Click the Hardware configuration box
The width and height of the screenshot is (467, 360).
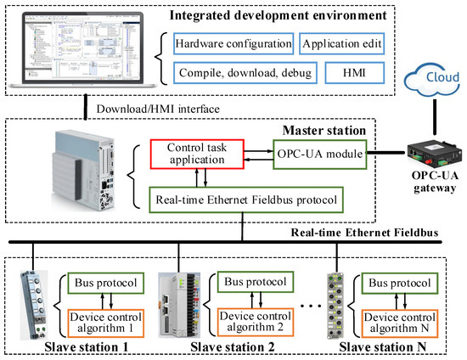point(230,42)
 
